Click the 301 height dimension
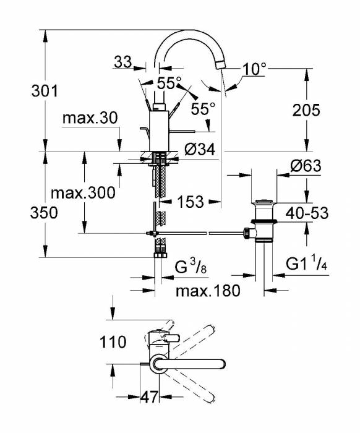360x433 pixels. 45,91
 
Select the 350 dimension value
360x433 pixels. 44,213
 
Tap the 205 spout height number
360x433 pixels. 306,110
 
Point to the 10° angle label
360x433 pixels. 255,69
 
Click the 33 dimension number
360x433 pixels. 123,62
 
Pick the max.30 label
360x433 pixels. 90,118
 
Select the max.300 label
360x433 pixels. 83,192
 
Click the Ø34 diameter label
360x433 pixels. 200,150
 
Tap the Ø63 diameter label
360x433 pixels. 306,166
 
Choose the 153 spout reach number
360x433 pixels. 191,202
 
